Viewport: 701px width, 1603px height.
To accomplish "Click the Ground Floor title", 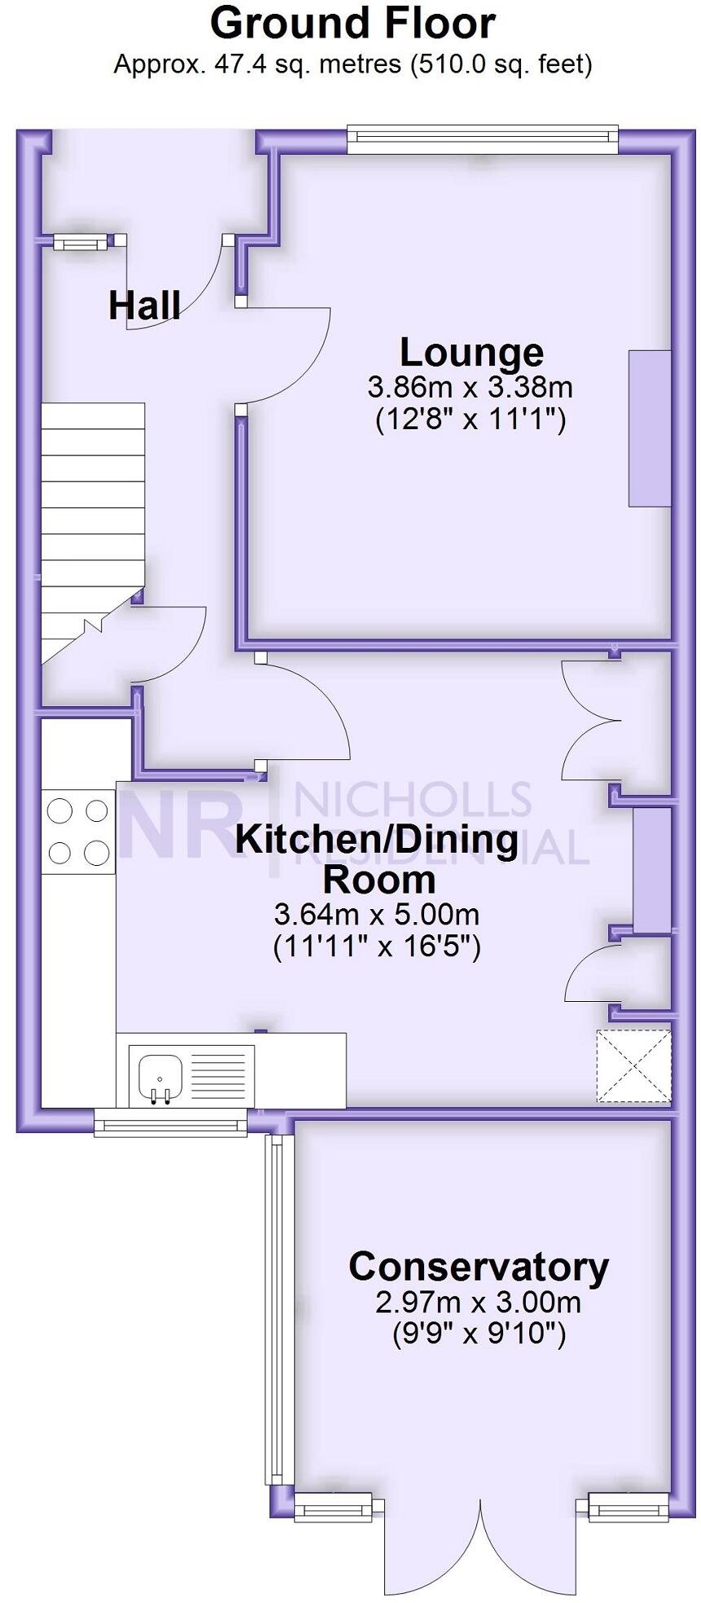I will pos(352,24).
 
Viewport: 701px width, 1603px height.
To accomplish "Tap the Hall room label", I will pos(144,305).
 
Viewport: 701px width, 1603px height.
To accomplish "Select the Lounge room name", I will pos(471,352).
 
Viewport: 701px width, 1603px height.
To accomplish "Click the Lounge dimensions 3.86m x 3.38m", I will pos(471,386).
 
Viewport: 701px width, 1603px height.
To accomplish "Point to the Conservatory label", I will pos(479,1267).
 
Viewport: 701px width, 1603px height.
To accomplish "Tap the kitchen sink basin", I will pos(160,1074).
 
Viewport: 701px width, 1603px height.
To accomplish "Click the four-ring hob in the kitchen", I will pos(78,831).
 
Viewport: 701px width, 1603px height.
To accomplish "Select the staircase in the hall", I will pos(91,521).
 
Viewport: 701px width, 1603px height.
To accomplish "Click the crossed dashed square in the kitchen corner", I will pos(633,1066).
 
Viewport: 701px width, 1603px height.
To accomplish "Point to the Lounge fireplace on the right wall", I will pos(649,428).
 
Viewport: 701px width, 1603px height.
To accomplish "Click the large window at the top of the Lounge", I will pos(481,138).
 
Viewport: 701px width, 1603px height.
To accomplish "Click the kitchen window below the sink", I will pos(170,1126).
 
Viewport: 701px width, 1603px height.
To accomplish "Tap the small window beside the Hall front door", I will pos(80,241).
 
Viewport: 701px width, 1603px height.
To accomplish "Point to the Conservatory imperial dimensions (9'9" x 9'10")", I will pos(478,1334).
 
